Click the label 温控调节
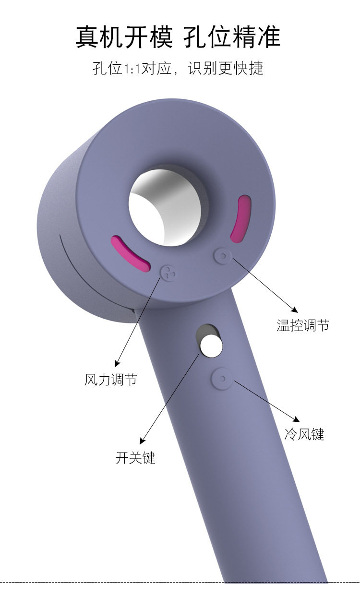pyautogui.click(x=303, y=325)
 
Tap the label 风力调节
pyautogui.click(x=110, y=380)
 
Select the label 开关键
pyautogui.click(x=135, y=458)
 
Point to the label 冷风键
pyautogui.click(x=304, y=435)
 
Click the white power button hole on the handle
pyautogui.click(x=211, y=346)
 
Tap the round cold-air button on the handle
pyautogui.click(x=222, y=379)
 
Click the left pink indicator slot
pyautogui.click(x=131, y=254)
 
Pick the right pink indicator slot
pyautogui.click(x=240, y=218)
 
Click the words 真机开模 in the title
pyautogui.click(x=124, y=37)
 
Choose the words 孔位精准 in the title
pyautogui.click(x=232, y=37)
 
